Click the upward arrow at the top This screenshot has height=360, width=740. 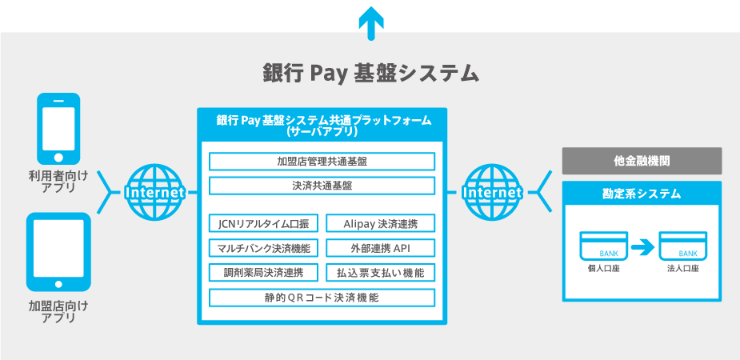tap(370, 22)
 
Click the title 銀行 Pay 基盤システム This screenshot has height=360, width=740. tap(370, 73)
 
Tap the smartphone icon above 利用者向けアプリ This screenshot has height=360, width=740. tap(58, 127)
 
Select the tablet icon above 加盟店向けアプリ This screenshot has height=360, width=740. tap(58, 251)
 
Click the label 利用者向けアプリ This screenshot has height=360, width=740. tap(58, 181)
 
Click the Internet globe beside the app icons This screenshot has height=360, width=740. tap(154, 193)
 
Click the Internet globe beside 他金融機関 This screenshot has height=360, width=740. tap(491, 193)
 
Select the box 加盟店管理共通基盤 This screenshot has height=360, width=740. tap(322, 161)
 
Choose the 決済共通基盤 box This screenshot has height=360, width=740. tap(322, 186)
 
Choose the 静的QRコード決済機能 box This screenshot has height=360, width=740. tap(322, 298)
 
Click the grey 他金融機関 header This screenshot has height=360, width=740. tap(642, 161)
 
